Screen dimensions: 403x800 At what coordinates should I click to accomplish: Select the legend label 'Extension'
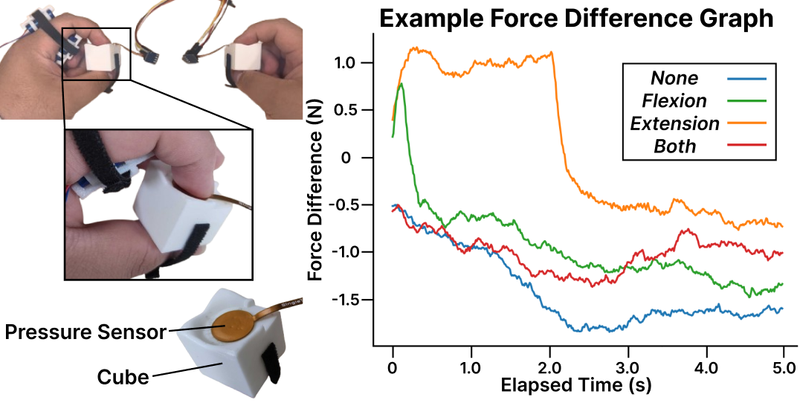coord(674,123)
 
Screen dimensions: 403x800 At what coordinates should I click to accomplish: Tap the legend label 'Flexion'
coord(674,100)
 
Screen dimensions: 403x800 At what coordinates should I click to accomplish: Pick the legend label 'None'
coord(674,77)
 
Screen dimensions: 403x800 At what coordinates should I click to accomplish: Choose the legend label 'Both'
coord(674,146)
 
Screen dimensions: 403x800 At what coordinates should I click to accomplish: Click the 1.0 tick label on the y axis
coord(347,63)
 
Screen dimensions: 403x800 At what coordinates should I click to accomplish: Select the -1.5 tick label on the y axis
coord(344,300)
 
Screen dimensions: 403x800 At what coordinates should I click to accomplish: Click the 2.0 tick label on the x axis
coord(549,367)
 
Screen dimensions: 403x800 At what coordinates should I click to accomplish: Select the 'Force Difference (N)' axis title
coord(317,190)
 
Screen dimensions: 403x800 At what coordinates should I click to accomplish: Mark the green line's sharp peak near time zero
coord(401,84)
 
